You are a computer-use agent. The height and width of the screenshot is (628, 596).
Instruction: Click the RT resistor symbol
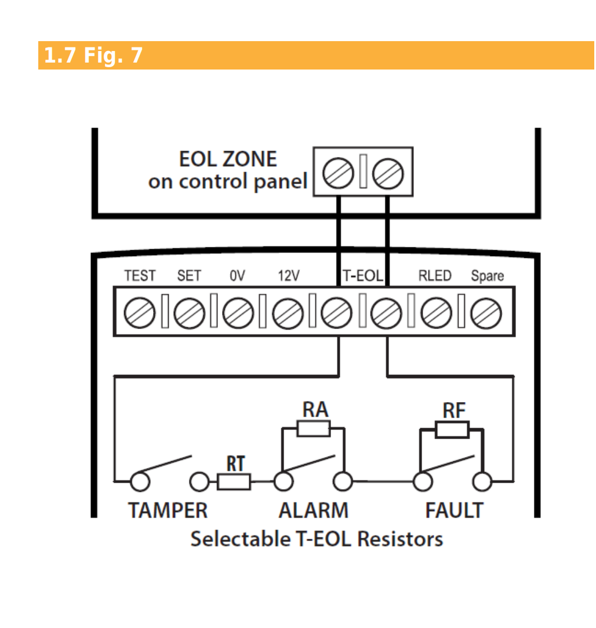coord(234,481)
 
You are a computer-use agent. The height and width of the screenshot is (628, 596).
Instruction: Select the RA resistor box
coord(314,428)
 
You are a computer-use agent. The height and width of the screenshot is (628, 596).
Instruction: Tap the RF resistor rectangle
coord(452,429)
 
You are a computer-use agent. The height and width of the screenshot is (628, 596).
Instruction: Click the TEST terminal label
coord(140,276)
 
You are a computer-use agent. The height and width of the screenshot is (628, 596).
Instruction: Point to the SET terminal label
coord(189,276)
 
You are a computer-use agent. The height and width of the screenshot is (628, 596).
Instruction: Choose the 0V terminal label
coord(237,276)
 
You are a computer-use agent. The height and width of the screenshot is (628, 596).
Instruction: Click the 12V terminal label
coord(289,276)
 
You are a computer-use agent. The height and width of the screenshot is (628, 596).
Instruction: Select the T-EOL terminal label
coord(363,276)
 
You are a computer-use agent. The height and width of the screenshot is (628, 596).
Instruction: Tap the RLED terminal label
coord(435,276)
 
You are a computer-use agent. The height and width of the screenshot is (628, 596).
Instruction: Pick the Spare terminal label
coord(488,276)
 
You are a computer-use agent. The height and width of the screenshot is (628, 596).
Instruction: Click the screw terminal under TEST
coord(140,313)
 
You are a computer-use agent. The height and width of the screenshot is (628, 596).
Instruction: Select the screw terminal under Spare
coord(486,313)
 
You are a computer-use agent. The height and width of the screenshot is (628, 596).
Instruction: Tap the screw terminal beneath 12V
coord(288,313)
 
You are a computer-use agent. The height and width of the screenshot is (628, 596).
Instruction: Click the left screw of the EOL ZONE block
coord(338,173)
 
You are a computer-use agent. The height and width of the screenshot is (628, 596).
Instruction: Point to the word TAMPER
coord(168,510)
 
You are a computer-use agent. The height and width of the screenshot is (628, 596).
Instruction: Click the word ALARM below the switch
coord(314,510)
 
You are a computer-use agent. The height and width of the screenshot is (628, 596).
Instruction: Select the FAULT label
coord(454,510)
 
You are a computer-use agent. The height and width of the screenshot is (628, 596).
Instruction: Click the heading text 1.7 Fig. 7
coord(93,55)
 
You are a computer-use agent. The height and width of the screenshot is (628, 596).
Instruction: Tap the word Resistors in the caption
coord(400,539)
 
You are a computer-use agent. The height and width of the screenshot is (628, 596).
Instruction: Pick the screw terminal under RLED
coord(437,313)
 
